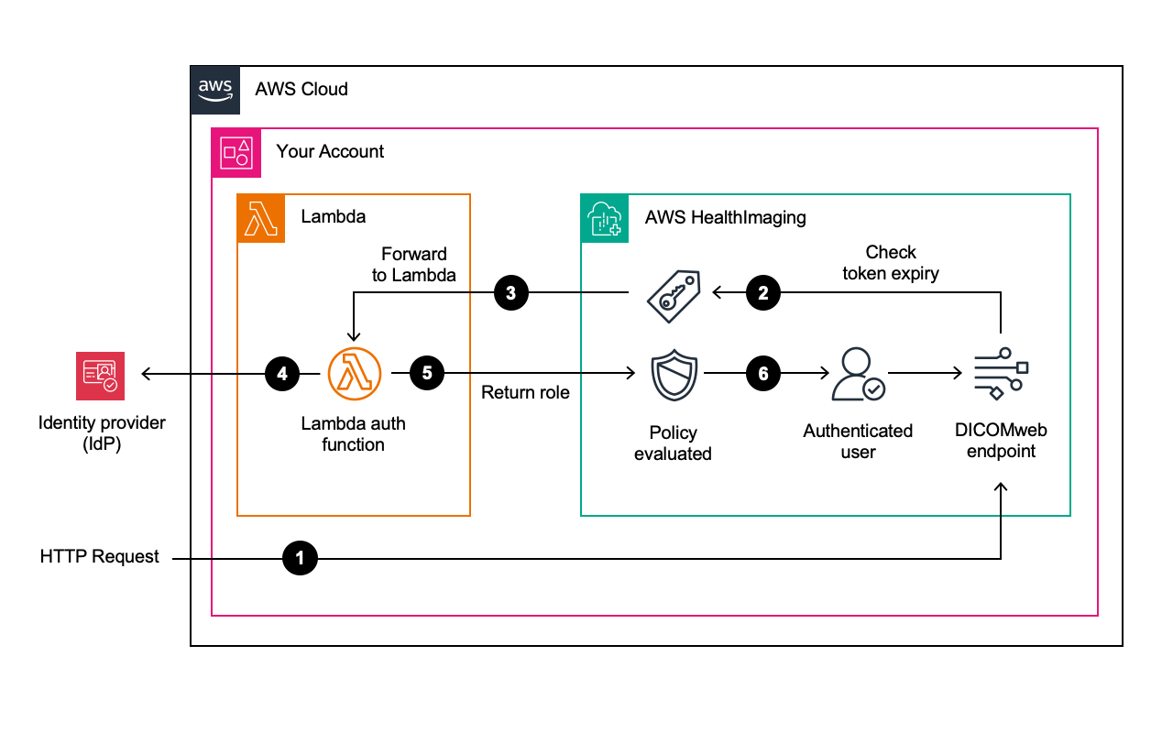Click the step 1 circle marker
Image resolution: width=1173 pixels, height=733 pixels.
point(300,557)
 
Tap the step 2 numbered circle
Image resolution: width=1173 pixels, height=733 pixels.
point(763,293)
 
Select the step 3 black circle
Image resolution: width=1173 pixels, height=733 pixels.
point(510,293)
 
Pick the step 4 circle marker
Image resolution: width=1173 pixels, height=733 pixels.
point(282,374)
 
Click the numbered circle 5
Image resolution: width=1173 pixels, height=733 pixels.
point(427,374)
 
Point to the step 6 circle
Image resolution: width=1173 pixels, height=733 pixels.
point(763,374)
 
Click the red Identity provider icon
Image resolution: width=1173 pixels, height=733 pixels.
point(100,376)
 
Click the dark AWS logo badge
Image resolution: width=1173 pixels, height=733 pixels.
point(215,90)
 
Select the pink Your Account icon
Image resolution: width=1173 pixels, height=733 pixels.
point(236,151)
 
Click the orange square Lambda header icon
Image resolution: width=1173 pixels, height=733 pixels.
point(261,218)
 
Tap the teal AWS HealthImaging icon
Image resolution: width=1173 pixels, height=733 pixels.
point(605,218)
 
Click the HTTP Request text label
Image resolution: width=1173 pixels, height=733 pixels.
point(100,557)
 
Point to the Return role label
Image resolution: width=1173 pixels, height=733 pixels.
point(525,393)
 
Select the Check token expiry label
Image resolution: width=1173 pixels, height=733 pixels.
point(891,262)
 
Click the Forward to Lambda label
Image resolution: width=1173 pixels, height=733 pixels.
point(413,264)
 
